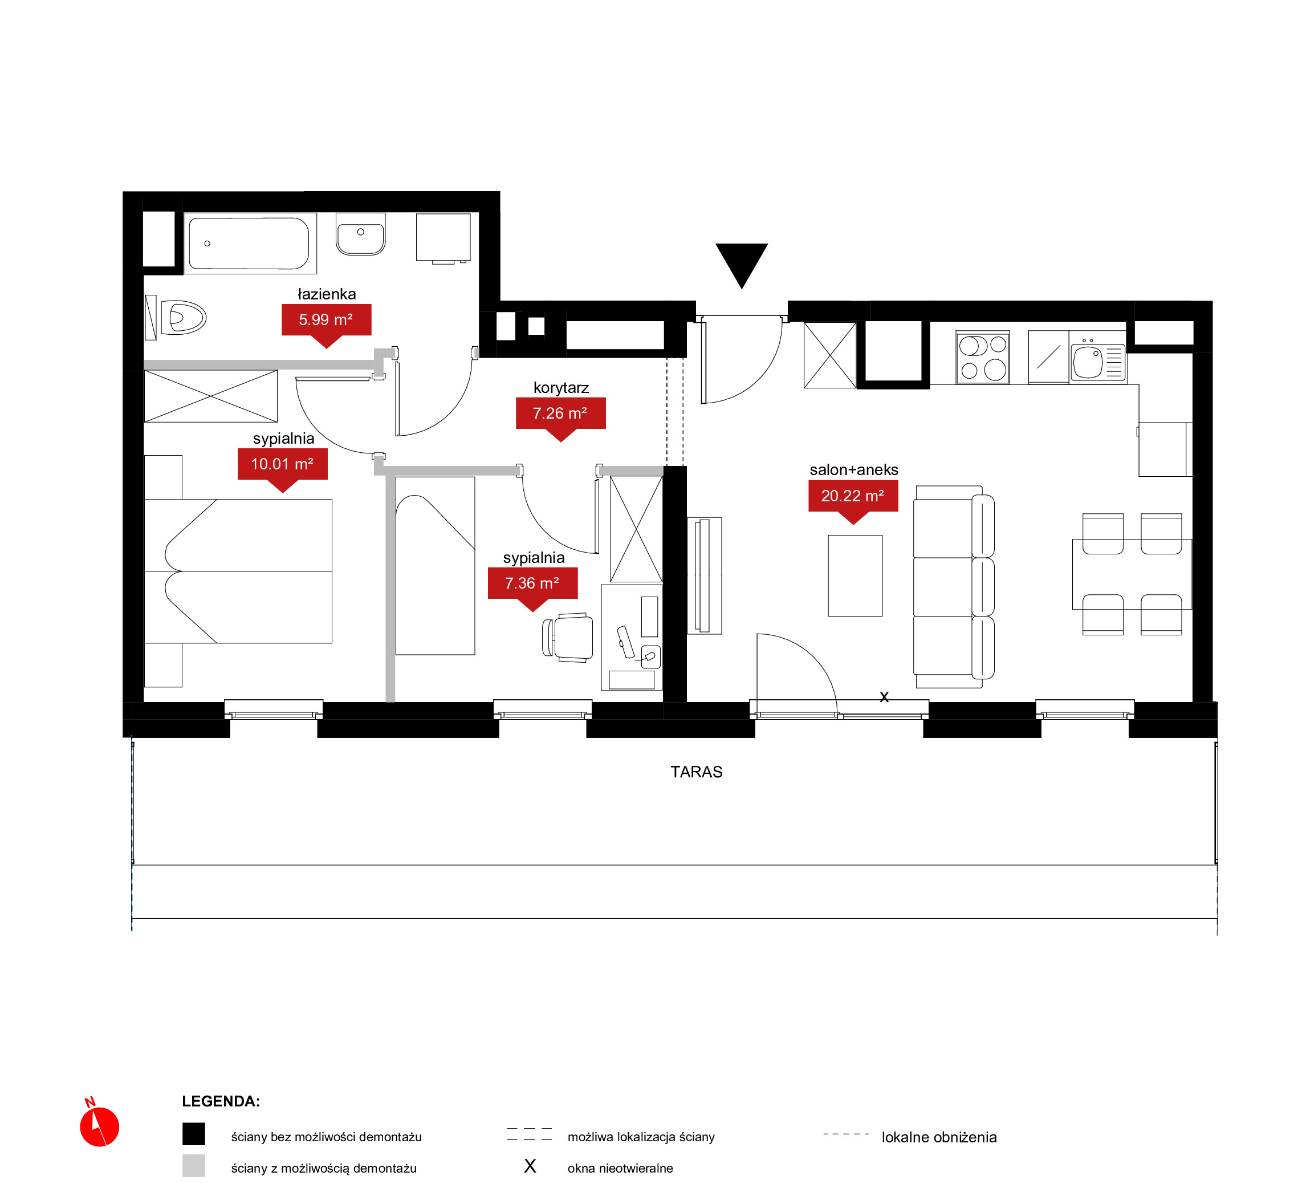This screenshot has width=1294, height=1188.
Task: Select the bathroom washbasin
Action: tap(361, 234)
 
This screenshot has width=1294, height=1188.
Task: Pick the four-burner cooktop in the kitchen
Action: tap(982, 358)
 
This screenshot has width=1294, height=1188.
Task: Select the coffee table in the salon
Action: tap(855, 575)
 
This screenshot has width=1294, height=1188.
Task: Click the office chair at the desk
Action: tap(568, 637)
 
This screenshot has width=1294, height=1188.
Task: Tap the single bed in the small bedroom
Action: tap(435, 566)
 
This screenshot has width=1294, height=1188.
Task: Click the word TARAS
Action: tap(697, 772)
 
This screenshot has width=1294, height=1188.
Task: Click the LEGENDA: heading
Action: tap(221, 1101)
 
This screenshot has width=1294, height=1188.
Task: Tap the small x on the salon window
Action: tap(884, 697)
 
